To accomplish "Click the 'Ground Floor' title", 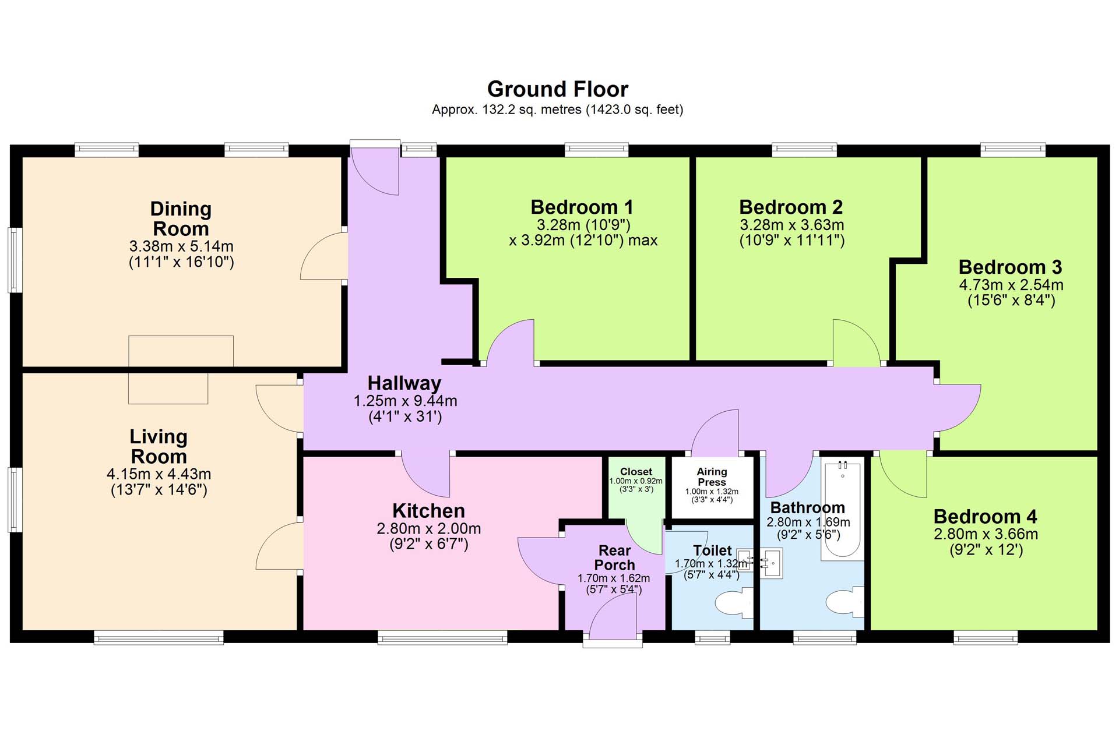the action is tap(558, 89).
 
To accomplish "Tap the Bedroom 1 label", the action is tap(582, 207).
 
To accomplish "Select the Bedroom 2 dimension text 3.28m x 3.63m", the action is tap(791, 225).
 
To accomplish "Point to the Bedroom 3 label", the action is tap(1010, 267).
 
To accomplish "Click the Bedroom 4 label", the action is tap(986, 516).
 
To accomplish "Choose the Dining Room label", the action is tap(181, 218).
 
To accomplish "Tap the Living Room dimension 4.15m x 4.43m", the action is tap(159, 474).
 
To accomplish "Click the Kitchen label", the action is tap(428, 511).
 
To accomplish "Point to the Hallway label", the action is tap(404, 383).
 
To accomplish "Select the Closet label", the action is tap(636, 472).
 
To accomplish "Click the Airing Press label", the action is tap(712, 476).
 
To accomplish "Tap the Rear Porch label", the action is tap(614, 557).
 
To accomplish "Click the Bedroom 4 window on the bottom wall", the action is tap(986, 638).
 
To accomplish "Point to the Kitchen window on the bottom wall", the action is tap(442, 638).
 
